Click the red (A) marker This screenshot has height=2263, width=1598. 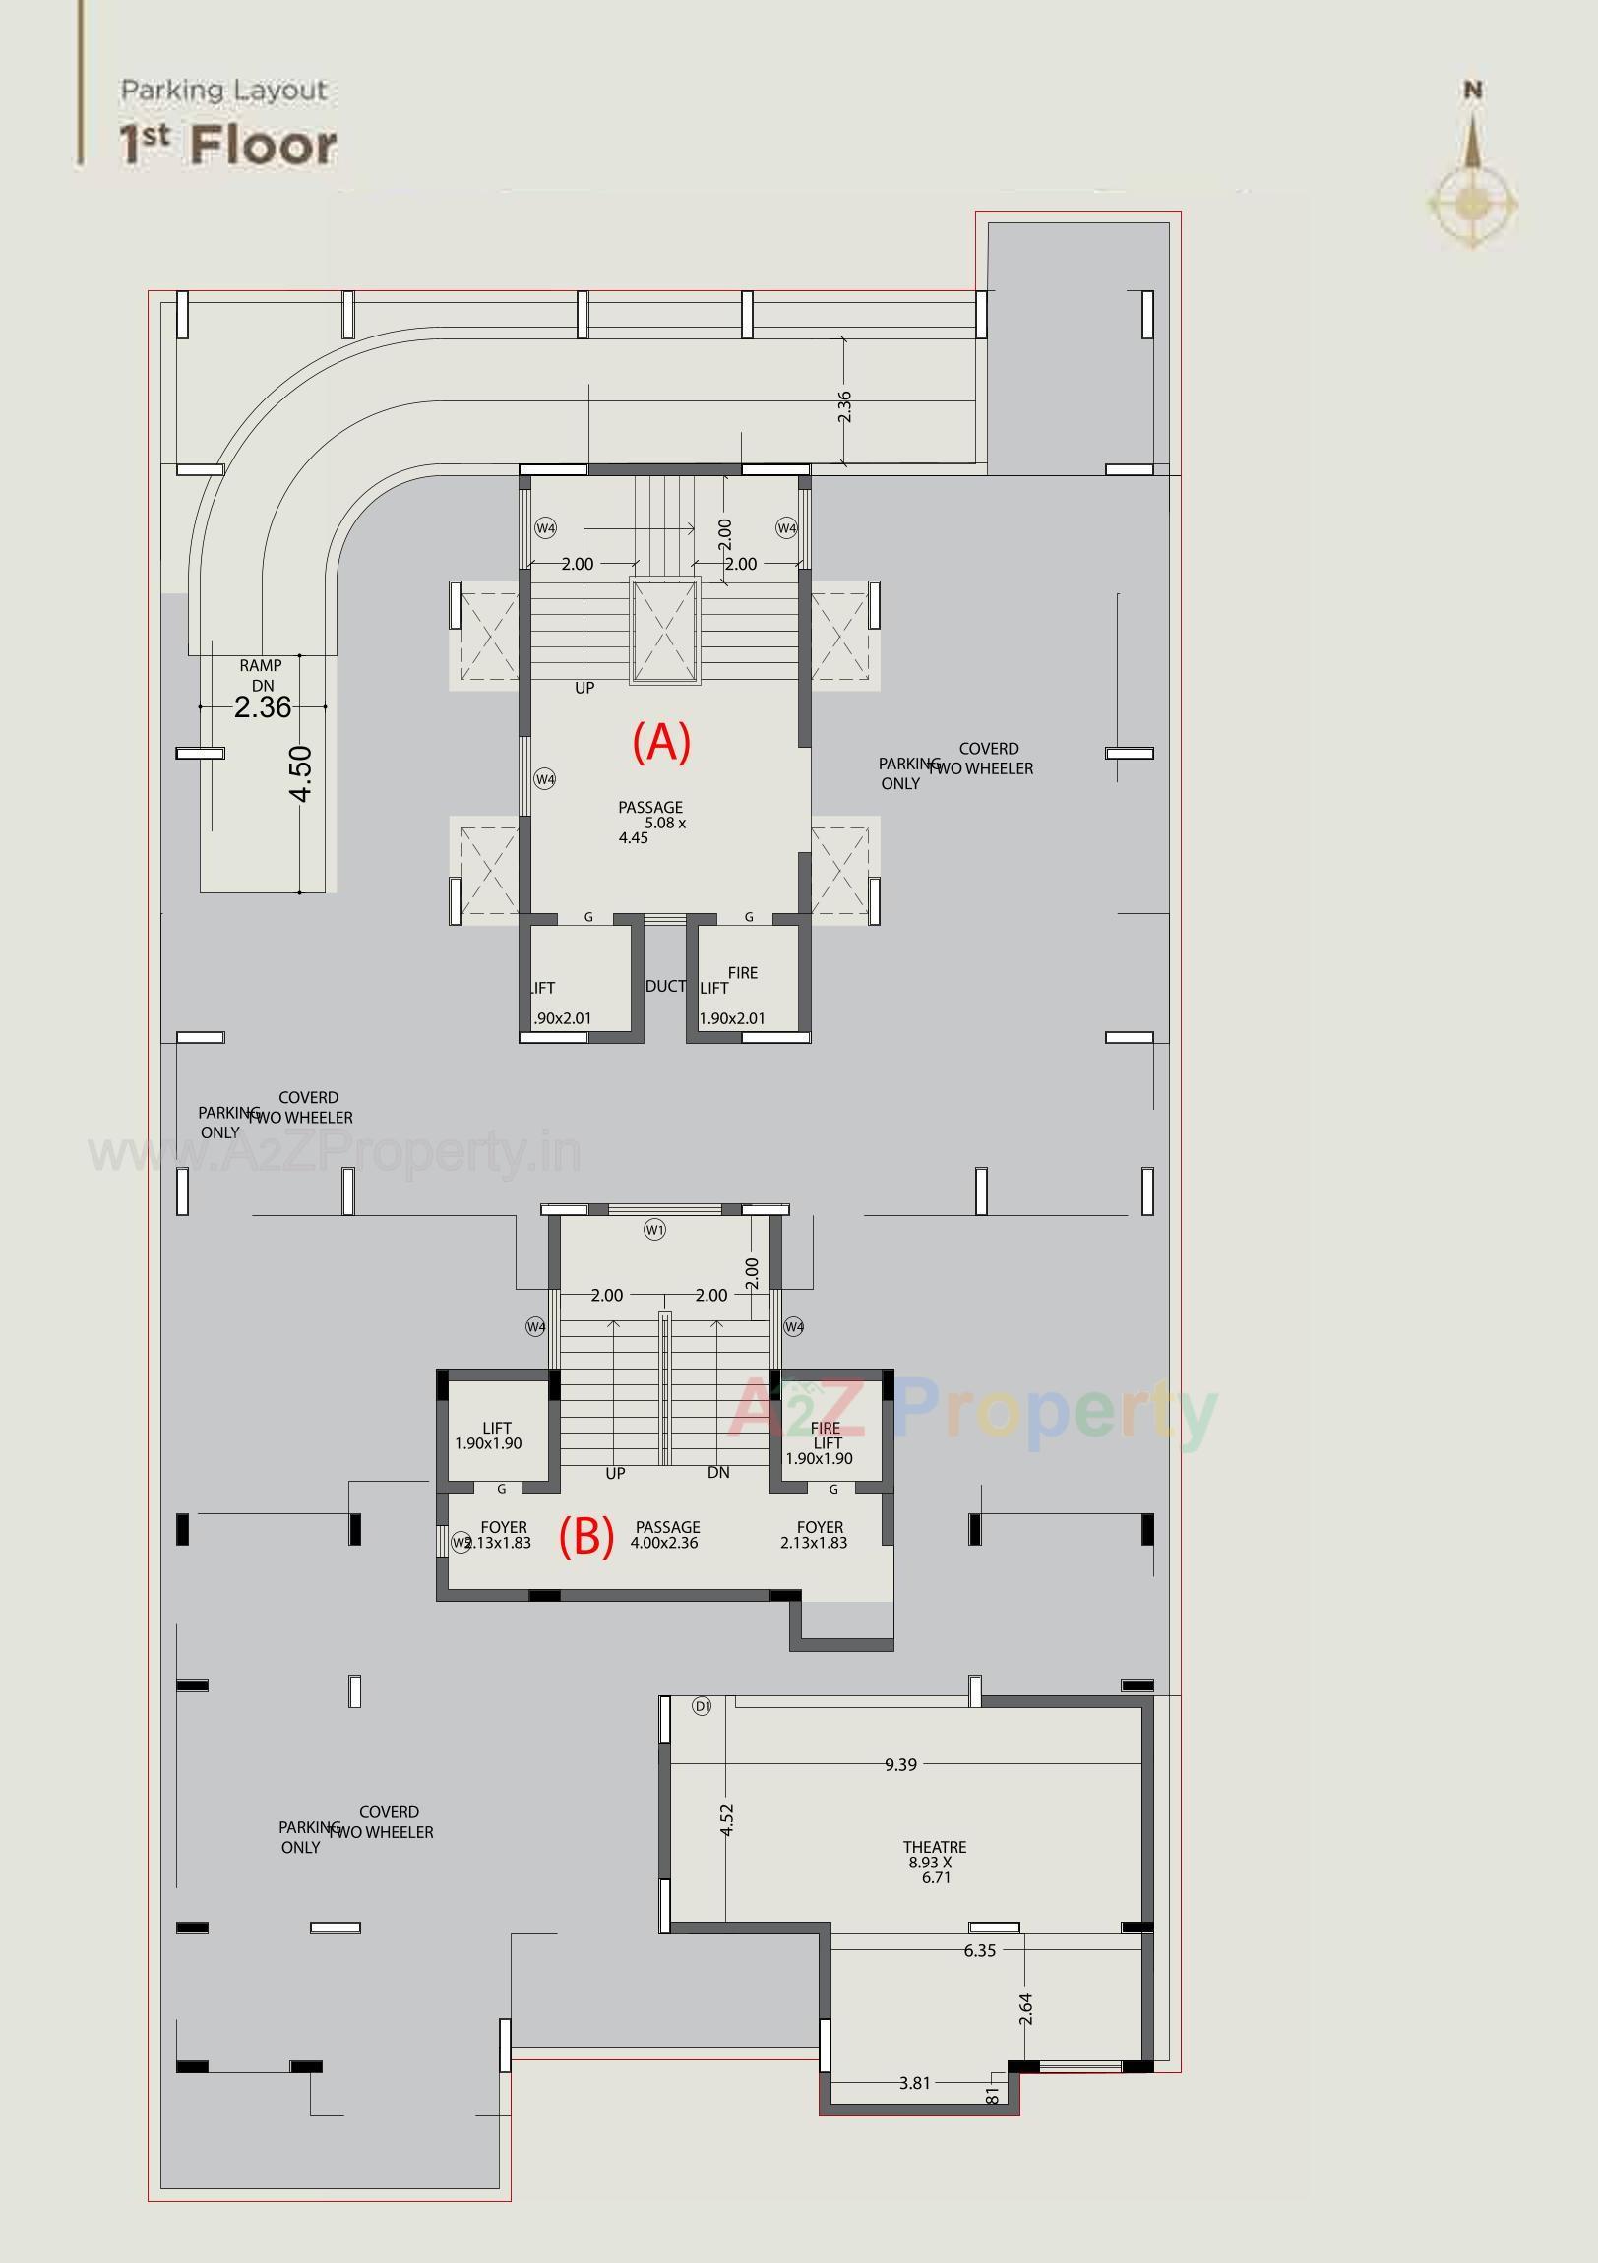click(660, 741)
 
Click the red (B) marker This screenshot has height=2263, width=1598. click(586, 1536)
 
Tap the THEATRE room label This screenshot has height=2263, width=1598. click(934, 1862)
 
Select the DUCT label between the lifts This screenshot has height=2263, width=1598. click(665, 986)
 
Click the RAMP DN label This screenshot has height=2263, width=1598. click(261, 675)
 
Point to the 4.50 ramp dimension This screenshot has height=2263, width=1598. click(302, 773)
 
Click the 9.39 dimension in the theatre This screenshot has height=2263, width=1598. click(900, 1764)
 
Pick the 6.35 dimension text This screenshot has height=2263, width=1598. click(979, 1949)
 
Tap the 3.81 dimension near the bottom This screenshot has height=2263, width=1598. click(914, 2083)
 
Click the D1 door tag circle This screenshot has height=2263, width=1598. click(702, 1706)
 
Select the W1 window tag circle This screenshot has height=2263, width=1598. click(654, 1229)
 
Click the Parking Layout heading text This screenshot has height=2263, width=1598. click(223, 91)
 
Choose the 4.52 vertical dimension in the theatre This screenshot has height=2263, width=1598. click(726, 1819)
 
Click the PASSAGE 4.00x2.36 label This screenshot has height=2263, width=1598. click(666, 1535)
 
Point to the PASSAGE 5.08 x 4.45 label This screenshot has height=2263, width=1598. click(650, 821)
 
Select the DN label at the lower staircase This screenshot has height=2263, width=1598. click(717, 1472)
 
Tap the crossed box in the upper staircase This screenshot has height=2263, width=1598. click(664, 631)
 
